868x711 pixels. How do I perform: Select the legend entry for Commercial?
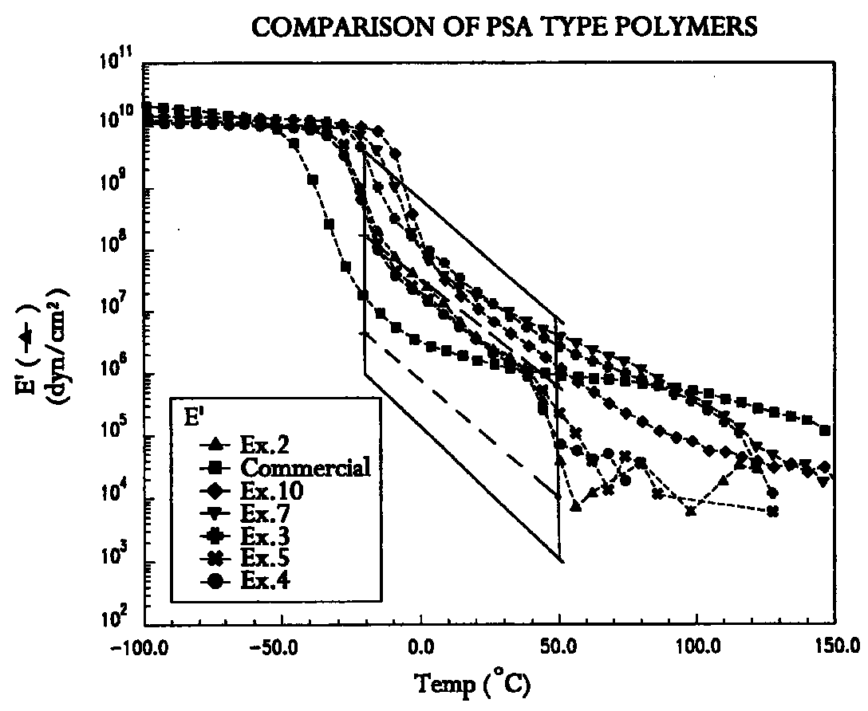click(x=285, y=468)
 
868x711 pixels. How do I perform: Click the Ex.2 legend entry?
click(x=245, y=445)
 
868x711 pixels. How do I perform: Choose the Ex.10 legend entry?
click(x=251, y=490)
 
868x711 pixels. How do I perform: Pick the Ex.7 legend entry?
click(x=245, y=513)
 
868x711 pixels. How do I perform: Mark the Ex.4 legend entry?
click(x=245, y=580)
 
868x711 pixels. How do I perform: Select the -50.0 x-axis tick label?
click(x=282, y=647)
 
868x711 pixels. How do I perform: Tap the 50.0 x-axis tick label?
click(x=560, y=647)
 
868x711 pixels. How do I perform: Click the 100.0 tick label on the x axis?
click(x=697, y=647)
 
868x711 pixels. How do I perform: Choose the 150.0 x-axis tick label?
click(x=835, y=647)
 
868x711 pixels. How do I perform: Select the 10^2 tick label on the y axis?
click(x=120, y=617)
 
